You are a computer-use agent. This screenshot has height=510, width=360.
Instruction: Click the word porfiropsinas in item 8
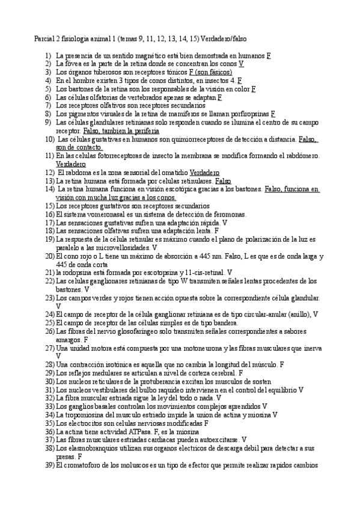[248, 113]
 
